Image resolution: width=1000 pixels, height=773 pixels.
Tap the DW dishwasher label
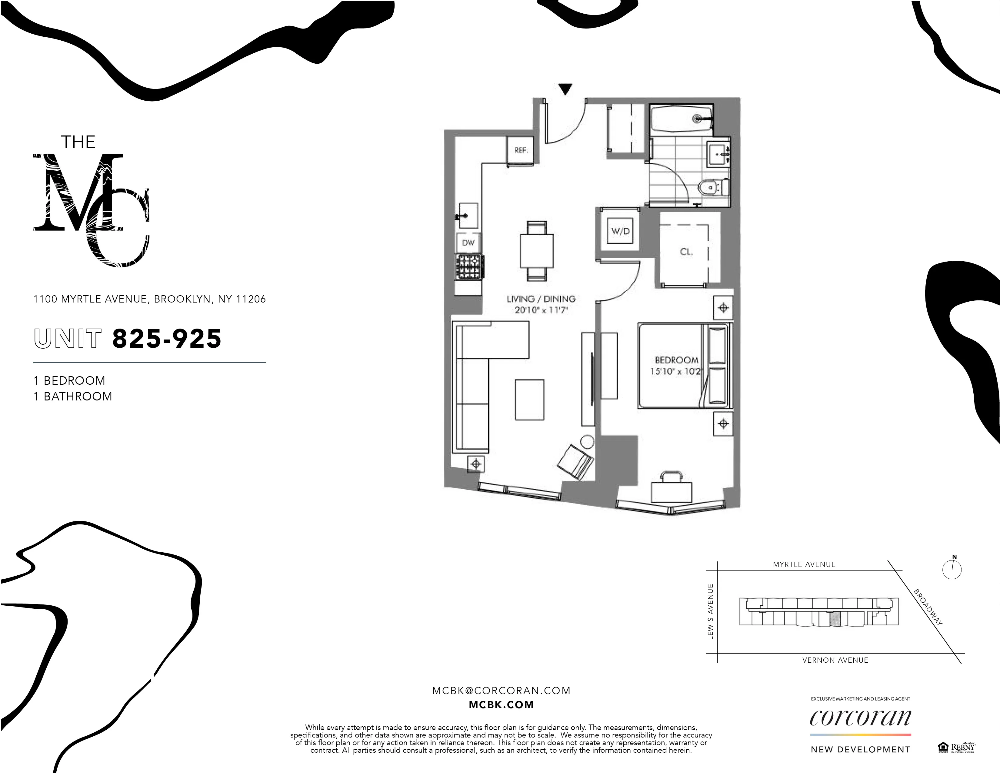click(468, 243)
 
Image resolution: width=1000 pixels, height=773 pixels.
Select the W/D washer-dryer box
click(620, 231)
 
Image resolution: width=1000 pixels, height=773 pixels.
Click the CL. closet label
click(686, 252)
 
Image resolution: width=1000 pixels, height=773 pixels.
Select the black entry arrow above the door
click(565, 89)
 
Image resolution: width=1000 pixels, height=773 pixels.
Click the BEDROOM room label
click(676, 360)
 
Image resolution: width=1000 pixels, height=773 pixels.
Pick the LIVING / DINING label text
click(541, 299)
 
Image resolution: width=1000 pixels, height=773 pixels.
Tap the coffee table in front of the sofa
click(530, 399)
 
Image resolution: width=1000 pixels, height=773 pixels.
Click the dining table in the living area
click(537, 250)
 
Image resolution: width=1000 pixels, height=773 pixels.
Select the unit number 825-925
click(167, 339)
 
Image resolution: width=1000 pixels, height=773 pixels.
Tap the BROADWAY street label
click(928, 607)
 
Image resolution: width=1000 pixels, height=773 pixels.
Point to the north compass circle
click(952, 570)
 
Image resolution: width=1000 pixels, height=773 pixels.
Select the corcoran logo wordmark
click(860, 718)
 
